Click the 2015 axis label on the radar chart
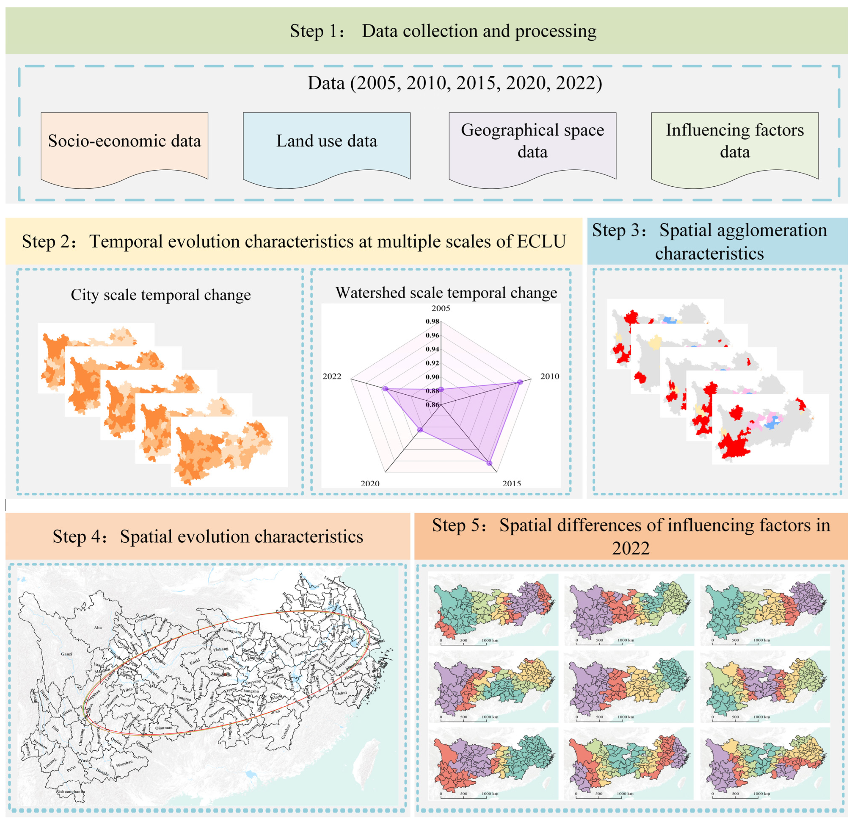pyautogui.click(x=511, y=484)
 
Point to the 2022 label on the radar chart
pyautogui.click(x=332, y=376)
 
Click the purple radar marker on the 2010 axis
pyautogui.click(x=520, y=382)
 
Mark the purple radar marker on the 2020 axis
pyautogui.click(x=420, y=430)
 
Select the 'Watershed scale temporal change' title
pyautogui.click(x=446, y=293)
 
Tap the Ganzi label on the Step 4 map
pyautogui.click(x=67, y=654)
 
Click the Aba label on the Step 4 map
pyautogui.click(x=98, y=628)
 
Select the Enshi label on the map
pyautogui.click(x=194, y=662)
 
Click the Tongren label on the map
pyautogui.click(x=184, y=698)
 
